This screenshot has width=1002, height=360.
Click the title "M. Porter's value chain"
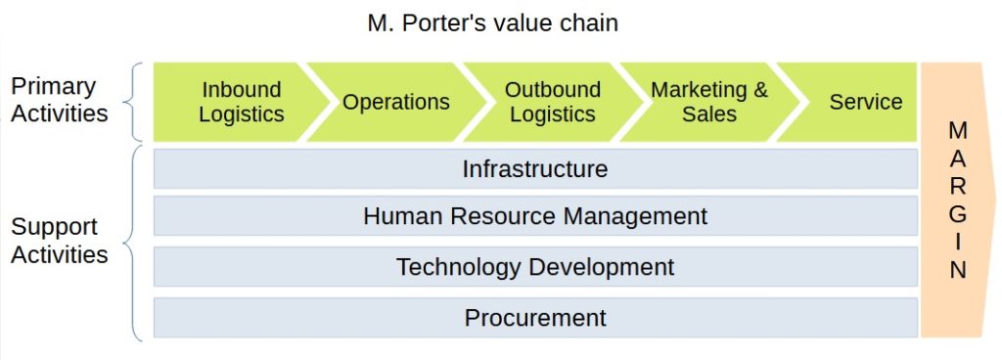tap(492, 22)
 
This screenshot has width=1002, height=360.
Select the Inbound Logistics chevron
tap(241, 102)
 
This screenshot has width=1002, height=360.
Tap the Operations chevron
tap(396, 102)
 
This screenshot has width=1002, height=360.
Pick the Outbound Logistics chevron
tap(553, 102)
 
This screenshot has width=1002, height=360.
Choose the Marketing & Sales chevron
tap(709, 102)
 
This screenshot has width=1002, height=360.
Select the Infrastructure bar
tap(535, 169)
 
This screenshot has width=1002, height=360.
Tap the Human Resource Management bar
tap(535, 215)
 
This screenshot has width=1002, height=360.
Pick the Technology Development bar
tap(535, 266)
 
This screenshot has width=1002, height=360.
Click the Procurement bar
tap(535, 318)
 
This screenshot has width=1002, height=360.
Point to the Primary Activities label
tap(60, 100)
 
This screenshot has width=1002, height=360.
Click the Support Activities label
tap(60, 241)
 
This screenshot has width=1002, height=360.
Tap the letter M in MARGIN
tap(958, 130)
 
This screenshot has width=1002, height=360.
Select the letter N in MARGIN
tap(958, 271)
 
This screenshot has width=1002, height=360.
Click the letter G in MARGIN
tap(958, 214)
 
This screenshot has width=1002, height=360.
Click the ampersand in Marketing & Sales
tap(758, 90)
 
